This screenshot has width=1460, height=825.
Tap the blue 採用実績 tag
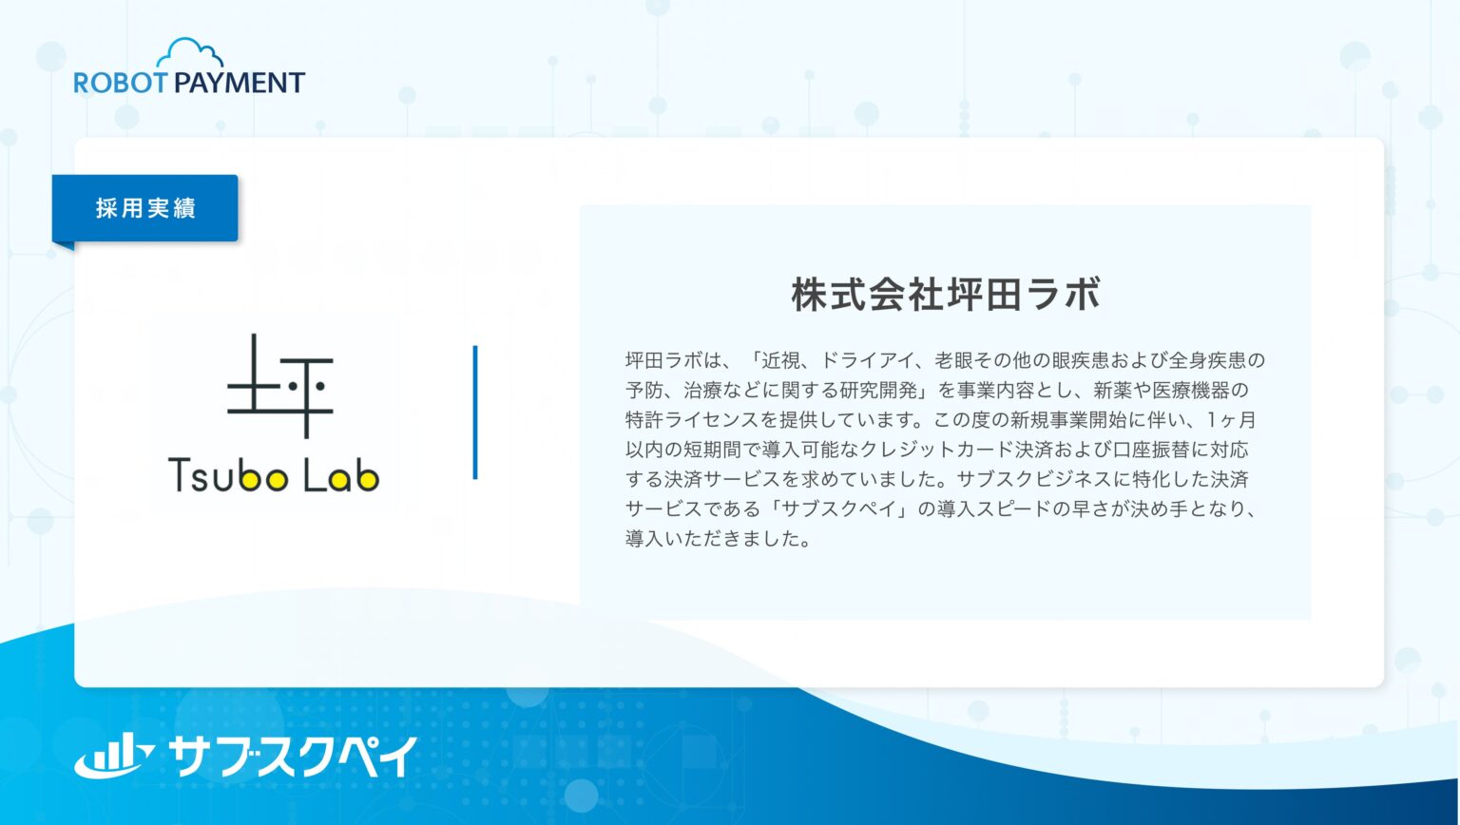click(x=145, y=208)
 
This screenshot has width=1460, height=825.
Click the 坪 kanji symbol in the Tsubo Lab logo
click(x=279, y=387)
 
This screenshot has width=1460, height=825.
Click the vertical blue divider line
click(x=475, y=412)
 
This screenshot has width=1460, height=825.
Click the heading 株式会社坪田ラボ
click(x=945, y=295)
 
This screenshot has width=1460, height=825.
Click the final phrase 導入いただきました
click(x=718, y=539)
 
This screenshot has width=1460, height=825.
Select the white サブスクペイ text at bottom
click(x=293, y=757)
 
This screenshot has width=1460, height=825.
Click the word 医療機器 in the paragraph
click(x=1188, y=391)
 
